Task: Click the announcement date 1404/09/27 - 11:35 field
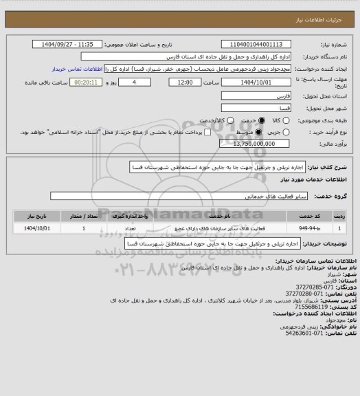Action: pyautogui.click(x=76, y=45)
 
